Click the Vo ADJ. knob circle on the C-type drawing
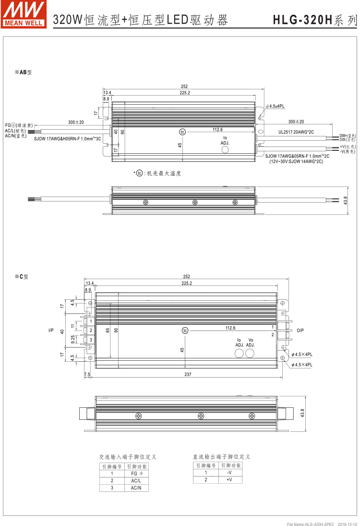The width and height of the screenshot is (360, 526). (x=250, y=353)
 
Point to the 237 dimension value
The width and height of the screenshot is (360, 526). (x=187, y=374)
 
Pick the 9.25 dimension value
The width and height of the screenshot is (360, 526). (x=72, y=339)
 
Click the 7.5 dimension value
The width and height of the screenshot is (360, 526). (x=87, y=374)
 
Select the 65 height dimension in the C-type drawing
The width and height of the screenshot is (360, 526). (x=108, y=330)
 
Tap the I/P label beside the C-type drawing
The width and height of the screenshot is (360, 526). (x=51, y=330)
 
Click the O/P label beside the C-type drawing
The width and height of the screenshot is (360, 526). (x=300, y=330)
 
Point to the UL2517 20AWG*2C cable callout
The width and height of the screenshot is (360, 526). (x=296, y=131)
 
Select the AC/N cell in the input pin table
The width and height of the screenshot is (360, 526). (x=136, y=488)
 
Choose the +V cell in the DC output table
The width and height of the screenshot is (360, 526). (x=229, y=479)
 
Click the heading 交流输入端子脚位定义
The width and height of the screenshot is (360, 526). (x=128, y=457)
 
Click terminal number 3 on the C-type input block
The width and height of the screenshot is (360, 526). (x=90, y=340)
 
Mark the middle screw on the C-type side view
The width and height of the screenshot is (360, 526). (x=195, y=416)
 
